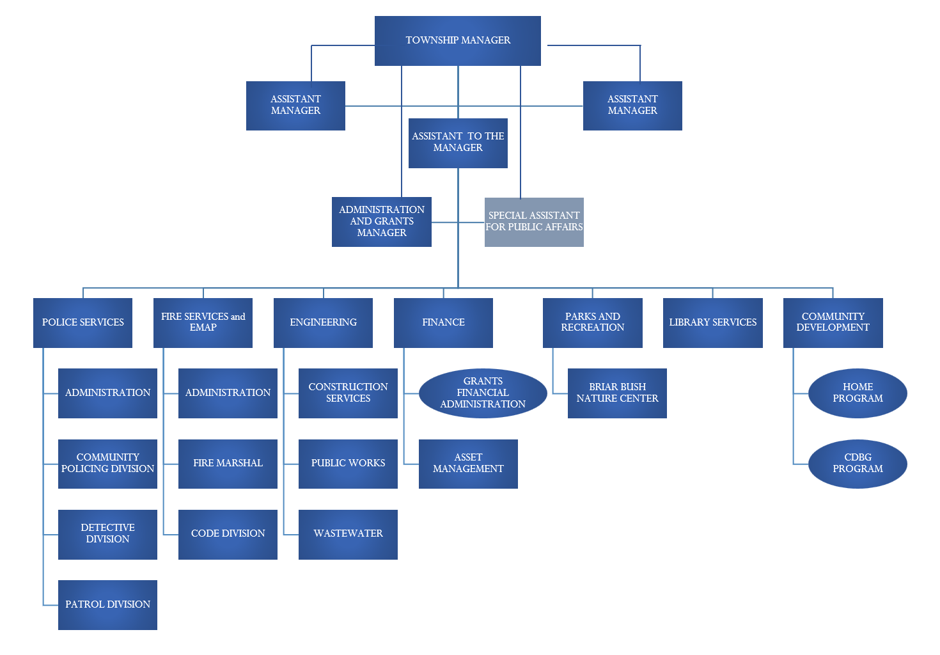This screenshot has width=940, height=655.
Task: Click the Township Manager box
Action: click(457, 40)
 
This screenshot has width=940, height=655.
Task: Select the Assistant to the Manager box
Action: click(458, 143)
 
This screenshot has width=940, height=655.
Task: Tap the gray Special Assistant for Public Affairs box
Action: click(534, 222)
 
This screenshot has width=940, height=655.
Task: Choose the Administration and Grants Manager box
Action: click(381, 221)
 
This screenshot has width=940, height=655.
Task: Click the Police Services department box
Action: click(82, 322)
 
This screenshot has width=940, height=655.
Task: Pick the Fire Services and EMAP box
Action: click(203, 322)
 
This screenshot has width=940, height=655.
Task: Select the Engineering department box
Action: click(323, 322)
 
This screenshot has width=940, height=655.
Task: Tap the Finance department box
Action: click(443, 322)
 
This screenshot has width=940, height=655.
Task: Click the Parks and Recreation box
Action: click(592, 322)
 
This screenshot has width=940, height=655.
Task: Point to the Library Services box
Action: click(712, 322)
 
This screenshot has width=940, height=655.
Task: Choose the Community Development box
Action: click(833, 322)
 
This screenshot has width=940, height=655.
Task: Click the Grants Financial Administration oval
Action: click(483, 393)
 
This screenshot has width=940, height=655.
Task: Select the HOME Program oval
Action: click(858, 393)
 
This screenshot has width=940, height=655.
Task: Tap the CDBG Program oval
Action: click(858, 463)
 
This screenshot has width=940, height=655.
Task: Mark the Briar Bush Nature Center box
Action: click(617, 393)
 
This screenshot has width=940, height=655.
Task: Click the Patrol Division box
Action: click(107, 604)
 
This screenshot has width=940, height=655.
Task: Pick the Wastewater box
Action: click(348, 534)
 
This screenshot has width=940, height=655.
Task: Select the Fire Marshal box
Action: click(228, 463)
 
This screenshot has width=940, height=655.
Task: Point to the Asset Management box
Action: click(468, 463)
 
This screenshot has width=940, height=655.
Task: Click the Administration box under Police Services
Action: click(107, 393)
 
